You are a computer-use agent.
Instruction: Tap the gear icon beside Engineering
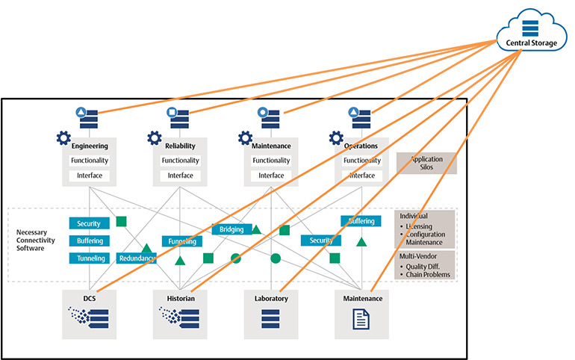tap(63, 138)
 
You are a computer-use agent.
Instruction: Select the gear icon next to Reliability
tap(154, 138)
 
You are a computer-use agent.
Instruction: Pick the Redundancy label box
tap(137, 258)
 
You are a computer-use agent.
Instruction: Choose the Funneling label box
tap(181, 241)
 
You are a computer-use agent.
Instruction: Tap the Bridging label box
tap(231, 229)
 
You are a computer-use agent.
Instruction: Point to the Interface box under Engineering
tap(90, 176)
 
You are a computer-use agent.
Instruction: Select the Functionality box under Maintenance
tap(271, 161)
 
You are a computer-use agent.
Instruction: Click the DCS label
tap(90, 298)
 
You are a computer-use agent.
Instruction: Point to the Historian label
tap(180, 298)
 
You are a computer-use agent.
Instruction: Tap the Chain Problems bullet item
tap(428, 274)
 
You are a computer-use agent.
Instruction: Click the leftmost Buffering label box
tap(90, 240)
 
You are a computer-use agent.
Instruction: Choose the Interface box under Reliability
tap(180, 176)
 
